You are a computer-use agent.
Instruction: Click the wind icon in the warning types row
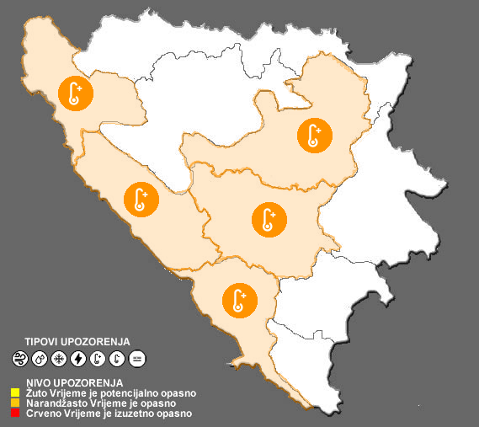pyautogui.click(x=20, y=359)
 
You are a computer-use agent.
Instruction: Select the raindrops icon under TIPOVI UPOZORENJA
pyautogui.click(x=40, y=359)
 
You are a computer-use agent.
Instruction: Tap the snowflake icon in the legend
pyautogui.click(x=59, y=359)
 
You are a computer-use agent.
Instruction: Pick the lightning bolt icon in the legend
pyautogui.click(x=78, y=359)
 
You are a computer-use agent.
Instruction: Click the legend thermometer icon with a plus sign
pyautogui.click(x=98, y=359)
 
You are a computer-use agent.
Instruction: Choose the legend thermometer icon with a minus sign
pyautogui.click(x=117, y=359)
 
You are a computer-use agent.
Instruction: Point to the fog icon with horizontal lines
pyautogui.click(x=137, y=359)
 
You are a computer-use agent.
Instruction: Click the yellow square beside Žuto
pyautogui.click(x=15, y=392)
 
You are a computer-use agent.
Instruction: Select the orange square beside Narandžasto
pyautogui.click(x=15, y=403)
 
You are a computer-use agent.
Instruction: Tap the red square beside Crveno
pyautogui.click(x=15, y=414)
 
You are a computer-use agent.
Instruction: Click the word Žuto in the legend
pyautogui.click(x=32, y=392)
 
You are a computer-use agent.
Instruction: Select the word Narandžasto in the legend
pyautogui.click(x=50, y=403)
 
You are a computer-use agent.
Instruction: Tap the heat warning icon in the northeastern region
pyautogui.click(x=315, y=134)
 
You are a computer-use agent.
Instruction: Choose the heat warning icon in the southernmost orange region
pyautogui.click(x=239, y=300)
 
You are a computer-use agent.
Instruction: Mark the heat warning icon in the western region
pyautogui.click(x=140, y=199)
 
